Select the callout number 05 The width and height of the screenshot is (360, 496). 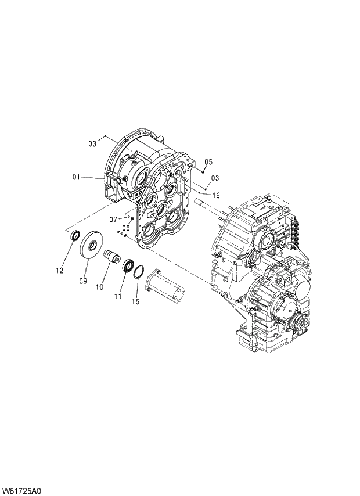(209, 161)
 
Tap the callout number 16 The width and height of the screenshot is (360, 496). (215, 196)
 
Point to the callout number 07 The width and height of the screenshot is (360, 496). (113, 219)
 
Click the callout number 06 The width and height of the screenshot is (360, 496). (125, 228)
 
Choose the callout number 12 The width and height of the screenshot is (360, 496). (59, 270)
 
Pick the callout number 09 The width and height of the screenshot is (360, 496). (83, 281)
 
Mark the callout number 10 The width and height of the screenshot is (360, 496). (100, 287)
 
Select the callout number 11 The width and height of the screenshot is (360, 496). (118, 297)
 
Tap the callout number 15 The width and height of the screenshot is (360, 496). (136, 301)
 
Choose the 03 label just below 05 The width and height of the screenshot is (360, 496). (215, 178)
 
